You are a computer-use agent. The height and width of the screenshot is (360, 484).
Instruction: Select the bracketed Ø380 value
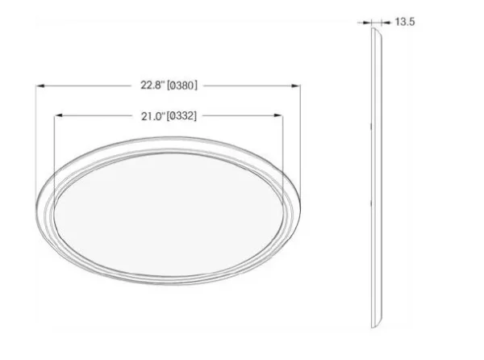(x=181, y=86)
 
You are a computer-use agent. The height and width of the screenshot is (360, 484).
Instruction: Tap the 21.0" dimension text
(x=153, y=116)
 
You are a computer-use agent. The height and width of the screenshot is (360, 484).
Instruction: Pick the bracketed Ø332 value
(x=181, y=116)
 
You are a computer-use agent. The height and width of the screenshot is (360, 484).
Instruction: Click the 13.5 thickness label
(x=405, y=22)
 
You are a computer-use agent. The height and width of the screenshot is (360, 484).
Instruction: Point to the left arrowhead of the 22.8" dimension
(x=41, y=86)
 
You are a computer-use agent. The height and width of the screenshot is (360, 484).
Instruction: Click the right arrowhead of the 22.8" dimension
(x=296, y=86)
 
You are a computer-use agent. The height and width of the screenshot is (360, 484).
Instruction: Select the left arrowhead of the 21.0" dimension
(x=59, y=115)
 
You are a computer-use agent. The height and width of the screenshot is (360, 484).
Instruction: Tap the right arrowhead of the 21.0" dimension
(x=277, y=115)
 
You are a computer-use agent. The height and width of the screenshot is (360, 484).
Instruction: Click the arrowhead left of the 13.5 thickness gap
(x=367, y=23)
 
